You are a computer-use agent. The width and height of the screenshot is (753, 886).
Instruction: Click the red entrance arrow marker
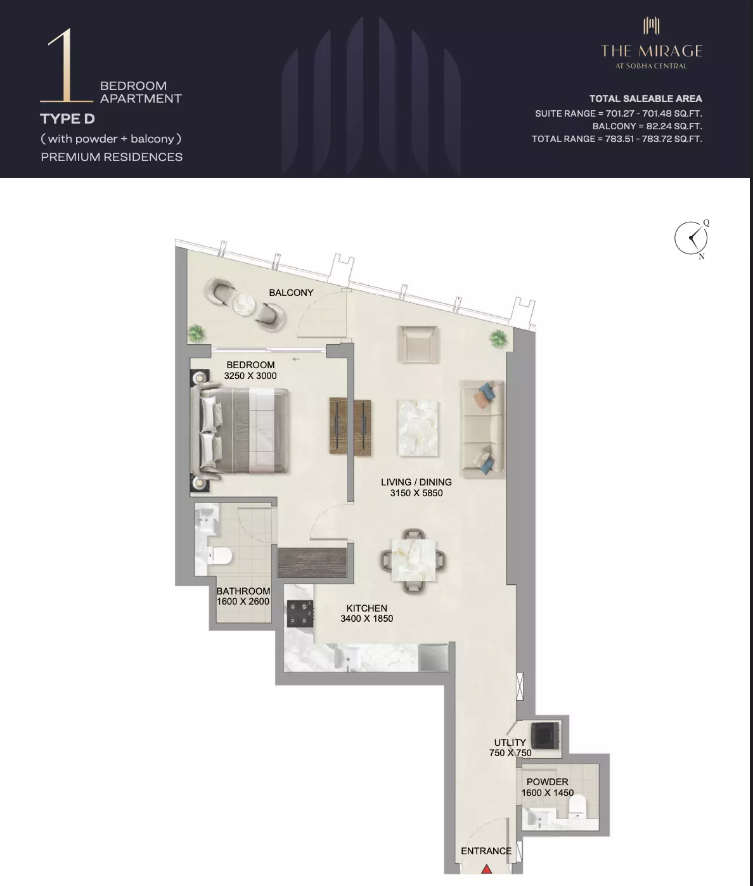(487, 869)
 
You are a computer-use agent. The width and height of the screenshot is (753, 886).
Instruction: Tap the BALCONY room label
(291, 293)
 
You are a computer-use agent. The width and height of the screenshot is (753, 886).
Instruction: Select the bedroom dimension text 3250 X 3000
(250, 376)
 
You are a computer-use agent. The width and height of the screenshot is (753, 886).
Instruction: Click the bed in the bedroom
(243, 431)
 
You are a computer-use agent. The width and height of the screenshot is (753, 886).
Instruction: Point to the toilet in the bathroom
(219, 556)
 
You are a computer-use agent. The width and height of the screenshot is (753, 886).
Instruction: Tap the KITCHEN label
(366, 608)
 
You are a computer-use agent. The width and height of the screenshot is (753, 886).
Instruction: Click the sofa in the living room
(483, 428)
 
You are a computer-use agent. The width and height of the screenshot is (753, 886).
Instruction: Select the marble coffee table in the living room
(418, 428)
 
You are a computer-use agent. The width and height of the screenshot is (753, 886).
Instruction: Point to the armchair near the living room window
(418, 344)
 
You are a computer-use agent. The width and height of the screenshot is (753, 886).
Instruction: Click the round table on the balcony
(244, 304)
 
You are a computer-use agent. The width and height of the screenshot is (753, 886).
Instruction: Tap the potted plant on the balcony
(196, 333)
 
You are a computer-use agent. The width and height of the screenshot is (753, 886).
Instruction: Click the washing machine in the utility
(545, 736)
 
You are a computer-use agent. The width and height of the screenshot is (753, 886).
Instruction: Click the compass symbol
(691, 238)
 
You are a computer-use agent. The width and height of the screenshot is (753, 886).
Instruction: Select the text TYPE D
(67, 119)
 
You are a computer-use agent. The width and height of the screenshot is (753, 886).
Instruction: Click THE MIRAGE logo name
(652, 51)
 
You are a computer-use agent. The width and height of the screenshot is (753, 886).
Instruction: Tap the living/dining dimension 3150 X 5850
(416, 493)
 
